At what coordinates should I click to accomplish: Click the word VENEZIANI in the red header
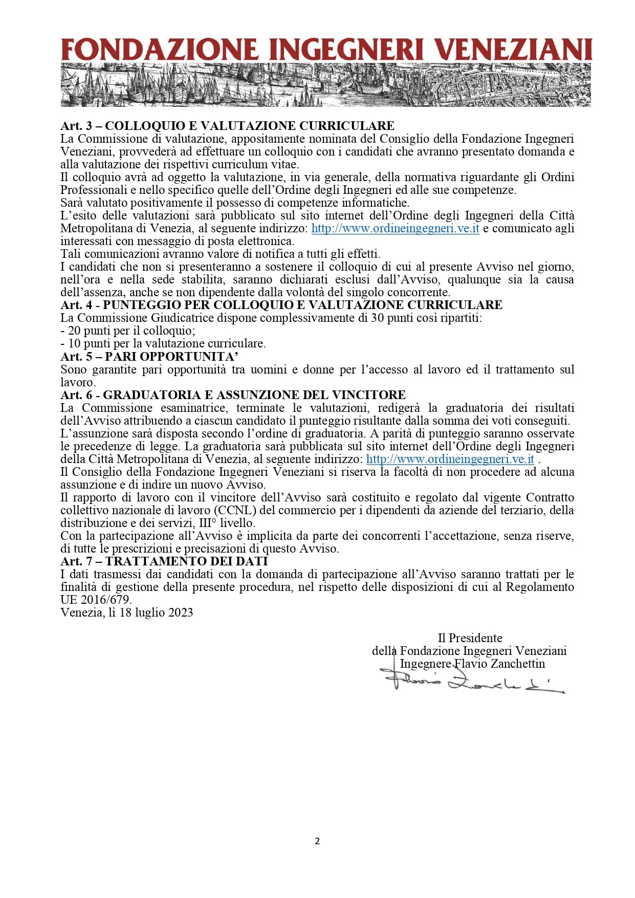[516, 50]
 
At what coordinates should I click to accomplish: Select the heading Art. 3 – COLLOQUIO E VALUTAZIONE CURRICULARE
[227, 126]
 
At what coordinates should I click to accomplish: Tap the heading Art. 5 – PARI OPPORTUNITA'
[149, 357]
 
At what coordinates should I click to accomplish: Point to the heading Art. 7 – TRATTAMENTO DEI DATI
[164, 561]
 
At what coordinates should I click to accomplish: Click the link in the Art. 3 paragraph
[395, 228]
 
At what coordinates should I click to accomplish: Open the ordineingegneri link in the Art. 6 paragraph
[450, 459]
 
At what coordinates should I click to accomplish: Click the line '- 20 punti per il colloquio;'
[128, 331]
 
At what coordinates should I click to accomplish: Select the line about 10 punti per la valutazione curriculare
[163, 343]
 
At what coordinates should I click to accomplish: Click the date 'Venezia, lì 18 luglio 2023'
[126, 612]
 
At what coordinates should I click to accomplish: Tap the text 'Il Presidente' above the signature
[470, 638]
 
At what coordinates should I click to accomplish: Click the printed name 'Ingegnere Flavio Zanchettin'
[472, 664]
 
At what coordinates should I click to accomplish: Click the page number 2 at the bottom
[317, 841]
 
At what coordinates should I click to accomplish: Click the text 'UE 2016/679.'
[96, 600]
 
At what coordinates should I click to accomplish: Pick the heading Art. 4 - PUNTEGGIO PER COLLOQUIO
[281, 305]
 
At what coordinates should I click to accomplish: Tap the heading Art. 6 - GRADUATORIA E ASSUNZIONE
[233, 395]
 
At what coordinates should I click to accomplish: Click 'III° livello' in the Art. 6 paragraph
[226, 523]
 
